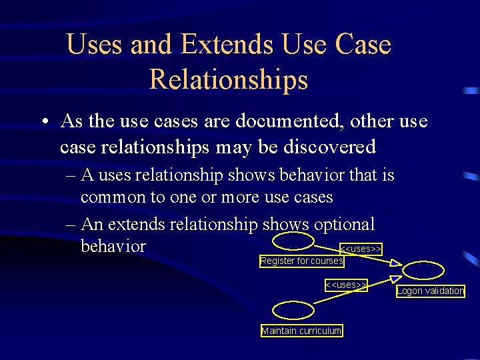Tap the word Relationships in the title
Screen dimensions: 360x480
(229, 79)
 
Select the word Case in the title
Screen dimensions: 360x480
(363, 45)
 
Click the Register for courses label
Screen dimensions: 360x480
(302, 261)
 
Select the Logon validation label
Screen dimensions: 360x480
(430, 291)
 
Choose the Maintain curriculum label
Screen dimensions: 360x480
(301, 331)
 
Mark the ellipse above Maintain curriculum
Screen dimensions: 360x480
(291, 311)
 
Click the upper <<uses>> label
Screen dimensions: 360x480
(361, 249)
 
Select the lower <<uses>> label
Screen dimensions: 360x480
(346, 285)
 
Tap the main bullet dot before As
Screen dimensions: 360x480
(43, 123)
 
